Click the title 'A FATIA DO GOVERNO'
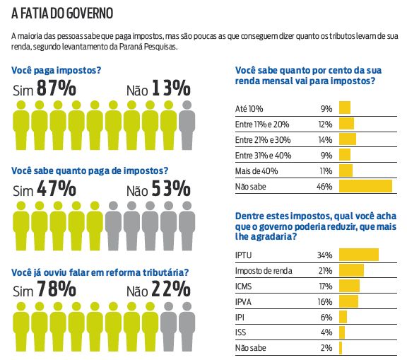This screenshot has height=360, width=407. tap(62, 13)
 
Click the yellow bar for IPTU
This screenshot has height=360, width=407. tap(359, 255)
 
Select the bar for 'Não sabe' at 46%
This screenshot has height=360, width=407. tap(365, 186)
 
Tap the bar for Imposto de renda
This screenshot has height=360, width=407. tap(351, 270)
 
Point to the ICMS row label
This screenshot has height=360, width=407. tap(244, 286)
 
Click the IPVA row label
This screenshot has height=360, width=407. tap(244, 302)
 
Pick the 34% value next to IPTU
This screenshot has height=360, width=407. tap(325, 255)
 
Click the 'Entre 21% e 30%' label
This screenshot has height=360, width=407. tap(261, 139)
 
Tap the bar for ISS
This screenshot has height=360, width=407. tap(342, 332)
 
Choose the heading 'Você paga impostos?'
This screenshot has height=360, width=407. tap(57, 70)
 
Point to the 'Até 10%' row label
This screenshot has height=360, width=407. tap(248, 108)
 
